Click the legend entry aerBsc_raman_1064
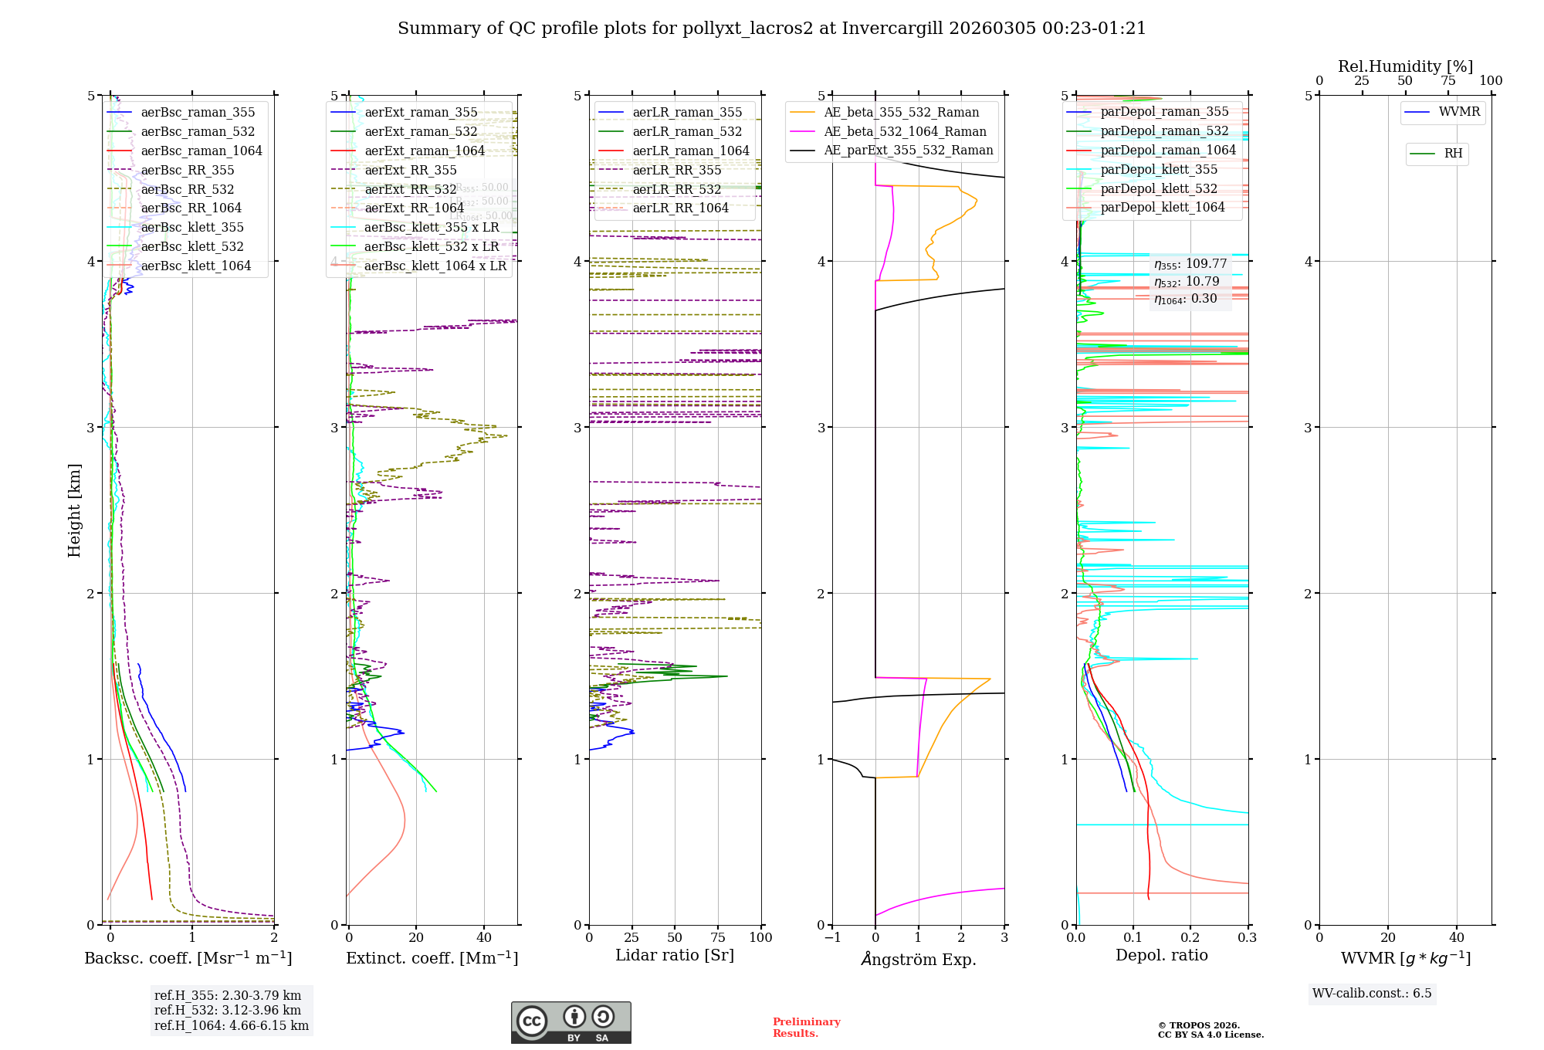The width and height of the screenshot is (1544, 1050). pos(201,151)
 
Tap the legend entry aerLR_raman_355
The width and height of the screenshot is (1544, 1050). pos(686,113)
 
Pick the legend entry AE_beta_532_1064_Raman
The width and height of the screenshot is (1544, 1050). pos(905,132)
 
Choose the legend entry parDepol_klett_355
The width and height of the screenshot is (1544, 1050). pos(1158,170)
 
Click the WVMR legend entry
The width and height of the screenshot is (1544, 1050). pos(1458,112)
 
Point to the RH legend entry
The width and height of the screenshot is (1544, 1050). pos(1452,154)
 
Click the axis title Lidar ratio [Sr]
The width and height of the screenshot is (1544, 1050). pos(674,955)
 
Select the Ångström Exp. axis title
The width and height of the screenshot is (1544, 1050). pos(918,960)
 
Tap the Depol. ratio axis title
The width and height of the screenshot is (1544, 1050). pos(1161,955)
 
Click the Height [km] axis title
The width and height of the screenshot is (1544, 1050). pos(74,510)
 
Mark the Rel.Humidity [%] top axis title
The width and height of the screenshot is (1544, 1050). pos(1405,66)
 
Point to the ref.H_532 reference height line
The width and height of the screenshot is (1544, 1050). pos(228,1010)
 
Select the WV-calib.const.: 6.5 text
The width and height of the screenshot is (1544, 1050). pos(1372,994)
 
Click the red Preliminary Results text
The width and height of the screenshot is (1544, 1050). pos(806,1028)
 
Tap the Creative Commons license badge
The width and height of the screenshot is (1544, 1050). pos(571,1022)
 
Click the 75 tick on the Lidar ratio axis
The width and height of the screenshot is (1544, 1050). pos(718,937)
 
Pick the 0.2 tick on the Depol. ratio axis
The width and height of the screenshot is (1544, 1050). pos(1190,937)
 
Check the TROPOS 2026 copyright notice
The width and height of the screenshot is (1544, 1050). pos(1210,1030)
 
